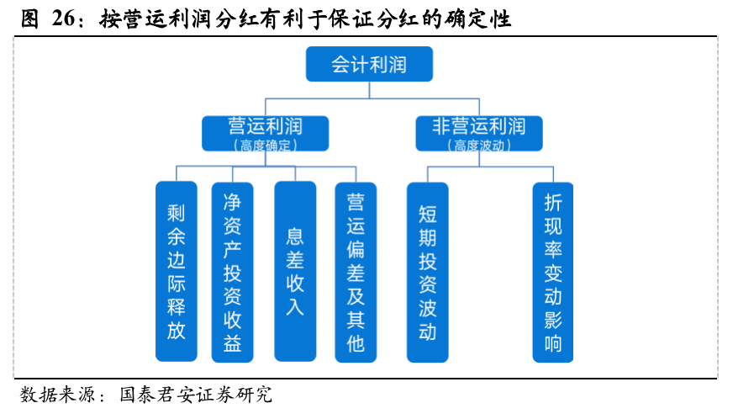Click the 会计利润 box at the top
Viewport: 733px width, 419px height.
[x=369, y=64]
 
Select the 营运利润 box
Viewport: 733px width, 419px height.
[x=265, y=134]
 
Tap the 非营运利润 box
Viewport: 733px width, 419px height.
[x=479, y=134]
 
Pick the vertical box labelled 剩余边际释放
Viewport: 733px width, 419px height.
[x=177, y=272]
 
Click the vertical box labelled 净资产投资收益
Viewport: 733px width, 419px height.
[x=232, y=272]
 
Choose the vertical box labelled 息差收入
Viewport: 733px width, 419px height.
[x=295, y=272]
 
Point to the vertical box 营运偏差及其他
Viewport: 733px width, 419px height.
[x=356, y=272]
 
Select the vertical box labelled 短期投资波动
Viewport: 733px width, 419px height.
[x=428, y=272]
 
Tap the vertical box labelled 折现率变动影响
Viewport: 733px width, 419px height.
[x=553, y=272]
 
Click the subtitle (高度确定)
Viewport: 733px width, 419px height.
[x=265, y=145]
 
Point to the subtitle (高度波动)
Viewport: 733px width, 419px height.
[x=479, y=145]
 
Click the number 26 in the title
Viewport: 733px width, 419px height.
[x=63, y=19]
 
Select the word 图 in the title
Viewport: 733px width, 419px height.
[x=29, y=19]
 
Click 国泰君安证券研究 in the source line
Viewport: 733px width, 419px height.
[x=196, y=395]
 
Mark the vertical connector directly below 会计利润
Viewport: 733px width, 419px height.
[x=369, y=90]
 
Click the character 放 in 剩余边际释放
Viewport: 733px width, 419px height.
[x=177, y=331]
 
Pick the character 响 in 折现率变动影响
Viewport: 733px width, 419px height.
[x=553, y=344]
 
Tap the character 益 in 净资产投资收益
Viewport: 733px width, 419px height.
[x=232, y=343]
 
